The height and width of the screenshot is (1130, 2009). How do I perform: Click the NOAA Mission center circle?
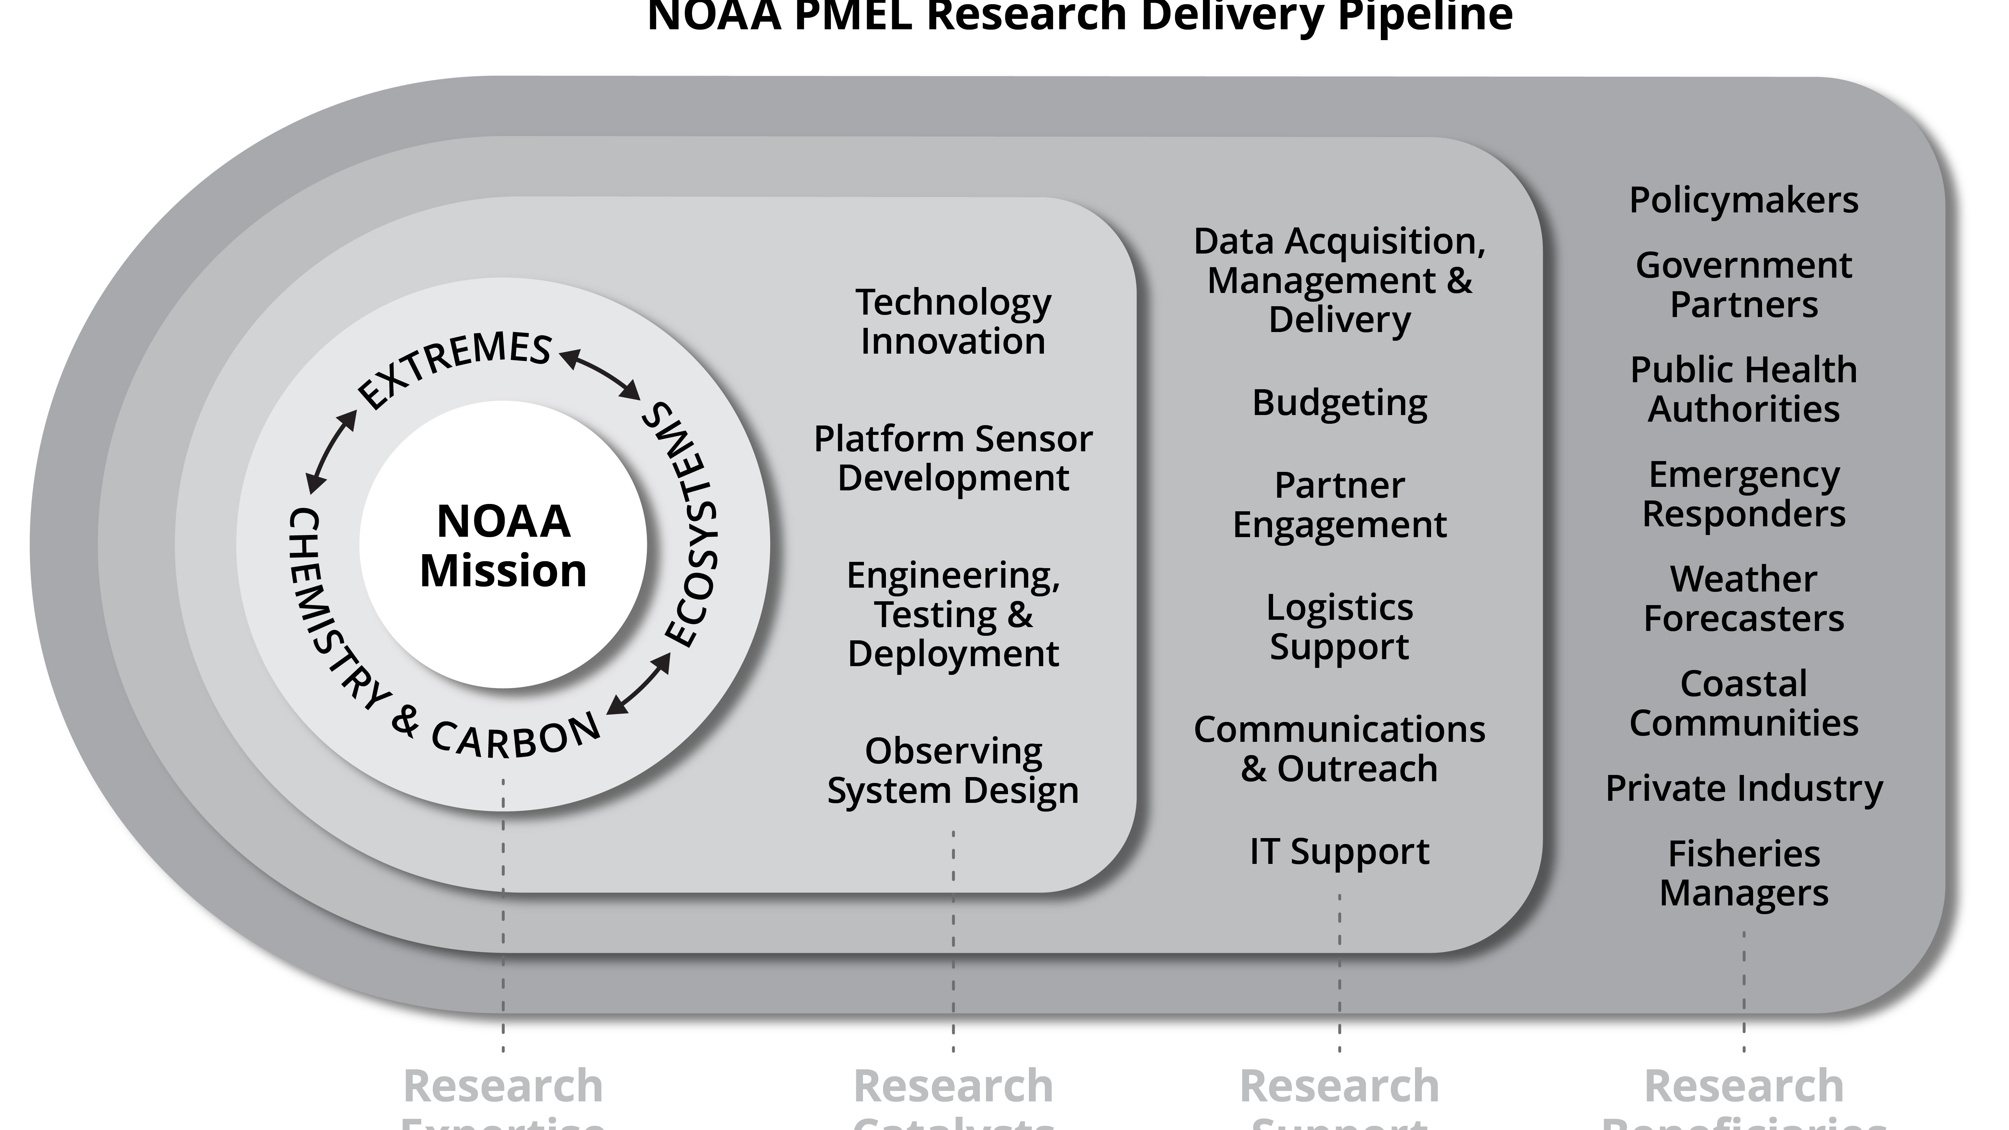(x=503, y=545)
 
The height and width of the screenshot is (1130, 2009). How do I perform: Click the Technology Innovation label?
(x=953, y=321)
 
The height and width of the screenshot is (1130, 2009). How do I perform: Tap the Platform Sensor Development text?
(x=953, y=458)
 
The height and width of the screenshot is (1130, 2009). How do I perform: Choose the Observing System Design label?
(x=953, y=770)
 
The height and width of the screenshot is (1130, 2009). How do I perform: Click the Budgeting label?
(x=1339, y=403)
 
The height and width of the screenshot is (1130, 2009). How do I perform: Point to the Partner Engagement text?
(x=1339, y=505)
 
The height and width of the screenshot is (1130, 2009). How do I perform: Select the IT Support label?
(x=1339, y=851)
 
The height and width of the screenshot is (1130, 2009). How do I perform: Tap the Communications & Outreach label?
(x=1339, y=749)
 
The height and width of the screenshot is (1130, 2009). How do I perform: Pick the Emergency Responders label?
(x=1744, y=494)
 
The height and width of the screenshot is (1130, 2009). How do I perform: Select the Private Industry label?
(x=1744, y=789)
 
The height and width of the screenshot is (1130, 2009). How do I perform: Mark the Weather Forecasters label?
(x=1744, y=598)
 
